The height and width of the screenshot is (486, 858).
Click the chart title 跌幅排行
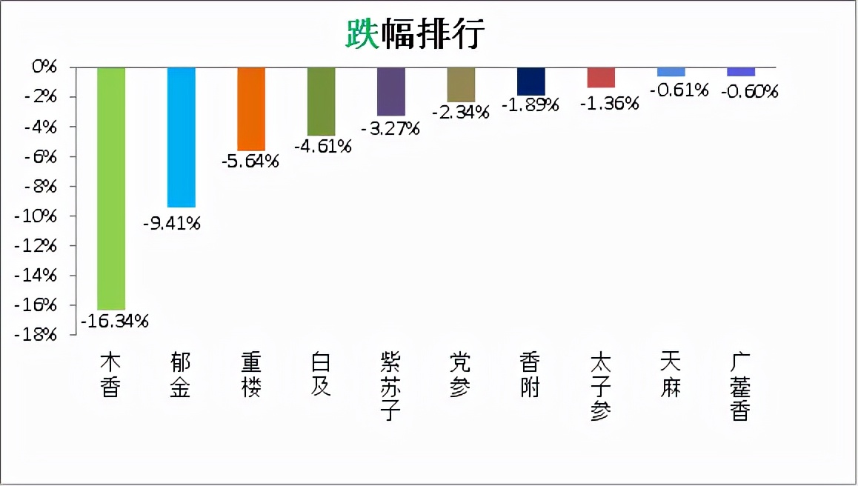pos(414,34)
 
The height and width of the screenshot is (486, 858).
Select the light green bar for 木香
pos(111,188)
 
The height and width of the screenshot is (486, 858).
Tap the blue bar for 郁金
pos(181,137)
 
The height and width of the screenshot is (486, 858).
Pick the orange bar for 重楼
pos(251,109)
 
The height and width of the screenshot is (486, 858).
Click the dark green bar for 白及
pos(321,101)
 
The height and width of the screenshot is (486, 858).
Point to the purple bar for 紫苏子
pos(391,91)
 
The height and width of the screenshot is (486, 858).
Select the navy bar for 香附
pos(531,81)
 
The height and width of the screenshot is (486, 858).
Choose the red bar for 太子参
pos(601,78)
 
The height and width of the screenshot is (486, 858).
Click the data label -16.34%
pos(115,322)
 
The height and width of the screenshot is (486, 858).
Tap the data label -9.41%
pos(172,222)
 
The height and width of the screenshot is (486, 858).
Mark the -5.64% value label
pos(250,162)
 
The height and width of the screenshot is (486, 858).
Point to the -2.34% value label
pos(461,113)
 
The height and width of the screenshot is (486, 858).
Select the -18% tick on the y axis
pos(37,335)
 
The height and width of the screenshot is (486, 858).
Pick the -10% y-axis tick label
pos(37,216)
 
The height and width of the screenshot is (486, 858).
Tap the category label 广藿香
pos(740,387)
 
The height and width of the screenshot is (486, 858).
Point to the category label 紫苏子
pos(390,387)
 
